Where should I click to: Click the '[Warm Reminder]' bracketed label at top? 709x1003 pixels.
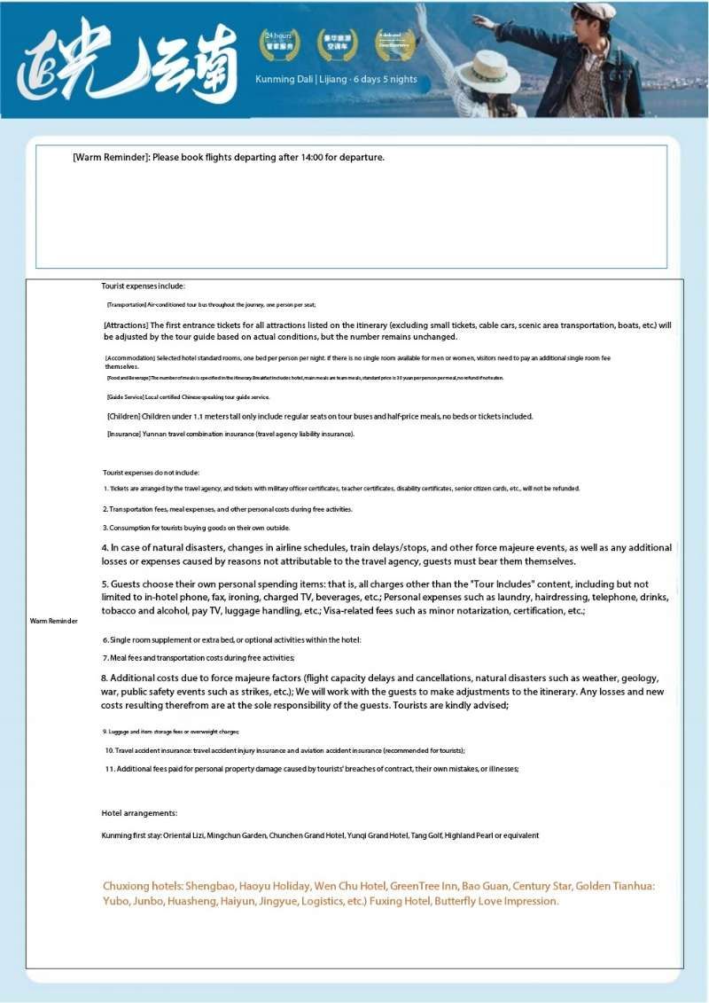[111, 157]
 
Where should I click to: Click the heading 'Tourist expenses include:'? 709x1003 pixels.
[143, 286]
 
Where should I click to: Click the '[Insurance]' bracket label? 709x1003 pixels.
[124, 434]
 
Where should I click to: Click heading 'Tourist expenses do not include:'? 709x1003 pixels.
[151, 473]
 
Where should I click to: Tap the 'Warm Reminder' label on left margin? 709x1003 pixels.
[54, 621]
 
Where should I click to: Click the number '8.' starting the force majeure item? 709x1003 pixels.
[105, 678]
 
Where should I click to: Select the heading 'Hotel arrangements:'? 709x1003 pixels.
[139, 812]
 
